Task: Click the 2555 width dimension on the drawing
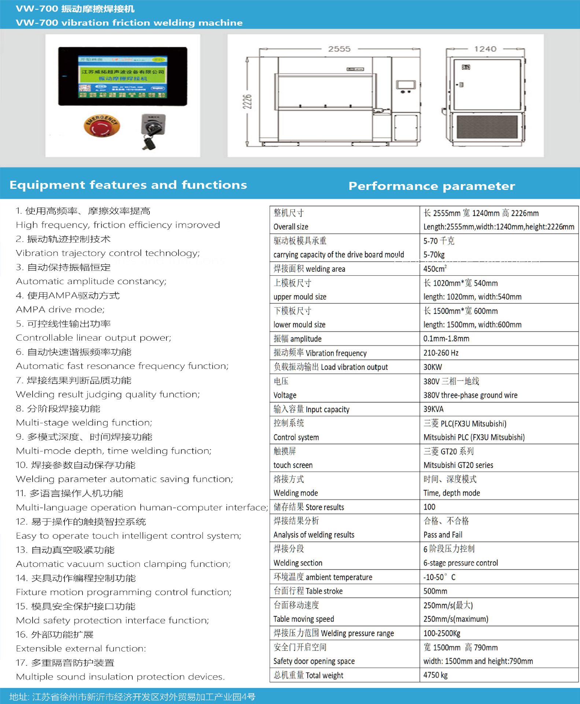(339, 49)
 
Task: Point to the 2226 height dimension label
(247, 101)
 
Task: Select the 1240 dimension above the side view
(485, 49)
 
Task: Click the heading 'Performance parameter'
(431, 186)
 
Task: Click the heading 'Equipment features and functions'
(128, 185)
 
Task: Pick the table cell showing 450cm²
(435, 269)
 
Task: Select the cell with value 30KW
(432, 367)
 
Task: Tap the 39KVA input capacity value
(433, 409)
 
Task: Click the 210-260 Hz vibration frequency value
(440, 353)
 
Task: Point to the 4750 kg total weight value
(435, 675)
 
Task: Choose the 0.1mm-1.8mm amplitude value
(446, 339)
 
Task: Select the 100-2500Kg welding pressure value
(442, 633)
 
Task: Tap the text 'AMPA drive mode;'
(60, 309)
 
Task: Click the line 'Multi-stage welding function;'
(84, 422)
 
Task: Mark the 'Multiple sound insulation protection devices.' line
(120, 676)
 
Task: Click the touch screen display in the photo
(122, 76)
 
